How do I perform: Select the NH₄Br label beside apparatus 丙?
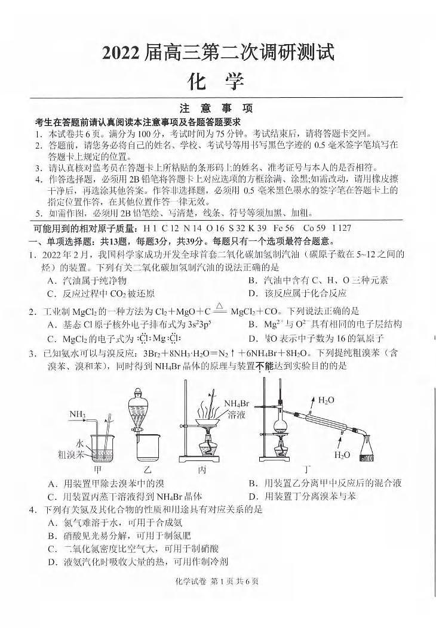click(x=237, y=409)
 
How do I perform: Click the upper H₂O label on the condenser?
click(x=326, y=400)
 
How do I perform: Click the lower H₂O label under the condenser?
click(x=342, y=455)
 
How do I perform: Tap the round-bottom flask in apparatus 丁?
click(x=278, y=428)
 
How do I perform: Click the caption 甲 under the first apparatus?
click(x=97, y=469)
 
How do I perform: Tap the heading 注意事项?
click(x=216, y=109)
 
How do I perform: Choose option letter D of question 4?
click(x=51, y=561)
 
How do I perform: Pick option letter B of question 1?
click(x=252, y=280)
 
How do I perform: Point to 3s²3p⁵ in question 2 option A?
click(x=201, y=324)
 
